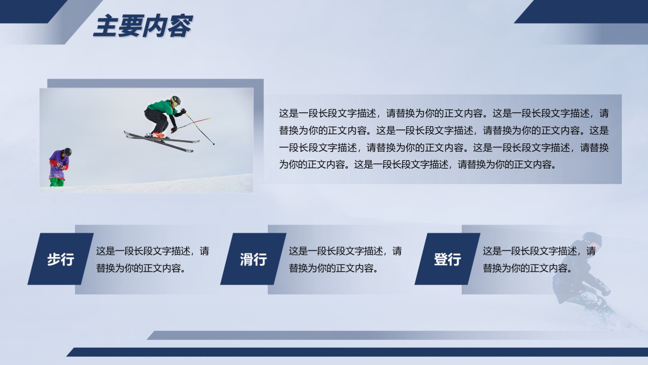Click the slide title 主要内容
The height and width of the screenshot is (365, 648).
(x=143, y=26)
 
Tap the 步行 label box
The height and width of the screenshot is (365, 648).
(x=61, y=259)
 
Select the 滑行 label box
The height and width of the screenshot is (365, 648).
(x=253, y=259)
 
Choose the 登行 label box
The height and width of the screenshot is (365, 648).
(x=447, y=259)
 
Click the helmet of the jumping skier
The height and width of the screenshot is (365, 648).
(x=175, y=101)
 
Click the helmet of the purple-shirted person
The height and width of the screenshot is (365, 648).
(x=67, y=152)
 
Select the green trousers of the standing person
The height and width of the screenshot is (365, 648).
(x=57, y=182)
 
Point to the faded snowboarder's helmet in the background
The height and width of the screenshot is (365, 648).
(x=592, y=239)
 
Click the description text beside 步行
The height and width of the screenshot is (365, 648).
(x=153, y=260)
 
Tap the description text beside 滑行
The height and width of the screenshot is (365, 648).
(x=345, y=260)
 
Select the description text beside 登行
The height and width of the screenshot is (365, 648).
(x=539, y=260)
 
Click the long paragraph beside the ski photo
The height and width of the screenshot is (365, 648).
(x=444, y=139)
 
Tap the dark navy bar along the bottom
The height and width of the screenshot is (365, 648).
(x=357, y=352)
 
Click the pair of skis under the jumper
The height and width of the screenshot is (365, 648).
(x=162, y=141)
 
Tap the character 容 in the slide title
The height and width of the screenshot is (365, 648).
(x=180, y=26)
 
